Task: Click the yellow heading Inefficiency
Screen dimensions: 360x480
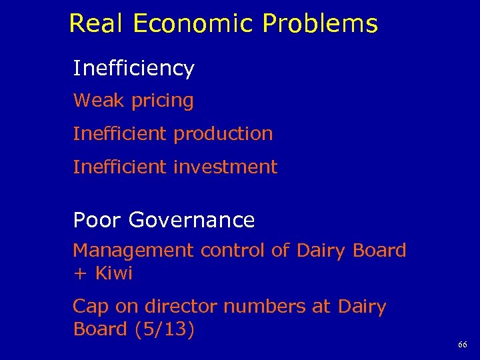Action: click(133, 69)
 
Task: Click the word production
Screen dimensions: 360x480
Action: click(223, 134)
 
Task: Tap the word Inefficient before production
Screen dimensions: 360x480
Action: click(120, 133)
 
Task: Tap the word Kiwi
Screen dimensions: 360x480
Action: click(114, 273)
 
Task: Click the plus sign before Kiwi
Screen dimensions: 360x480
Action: click(79, 274)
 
